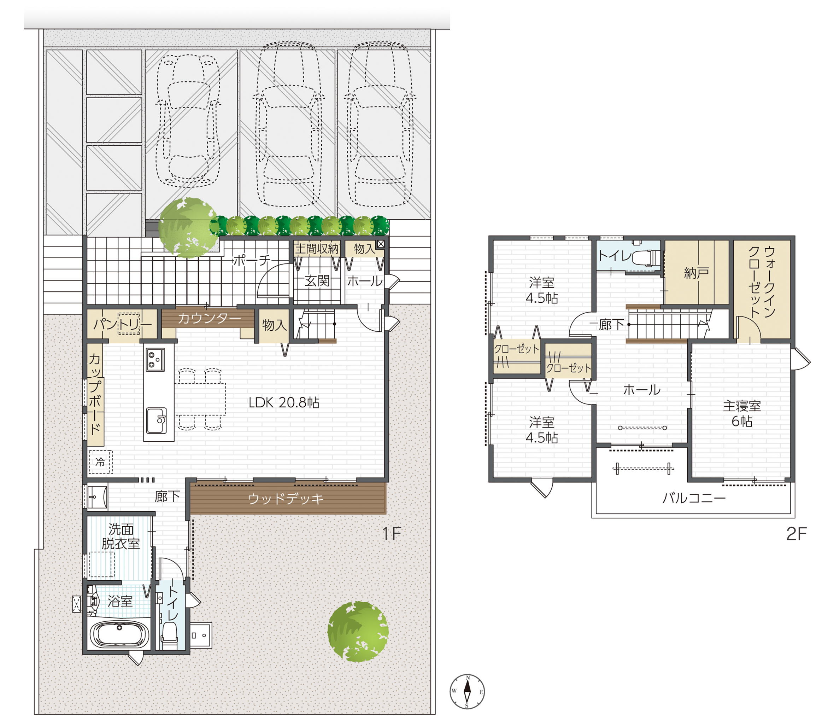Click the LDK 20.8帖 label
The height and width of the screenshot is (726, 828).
[284, 402]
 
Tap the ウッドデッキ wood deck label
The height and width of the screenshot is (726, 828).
[286, 498]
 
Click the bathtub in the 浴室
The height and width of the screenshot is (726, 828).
[119, 634]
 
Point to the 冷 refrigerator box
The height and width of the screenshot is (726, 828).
[100, 462]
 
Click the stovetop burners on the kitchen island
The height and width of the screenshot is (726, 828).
[155, 359]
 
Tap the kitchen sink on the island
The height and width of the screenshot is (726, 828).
[157, 420]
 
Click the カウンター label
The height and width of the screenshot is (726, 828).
[209, 318]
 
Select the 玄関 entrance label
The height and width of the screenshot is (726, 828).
[317, 280]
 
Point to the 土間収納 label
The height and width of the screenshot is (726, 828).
[317, 248]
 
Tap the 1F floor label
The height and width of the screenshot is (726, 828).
[392, 534]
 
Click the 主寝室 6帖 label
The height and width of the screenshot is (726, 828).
[742, 413]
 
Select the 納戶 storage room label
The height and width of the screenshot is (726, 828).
[697, 273]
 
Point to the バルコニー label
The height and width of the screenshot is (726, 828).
[694, 498]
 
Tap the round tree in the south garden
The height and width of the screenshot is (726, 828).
[358, 631]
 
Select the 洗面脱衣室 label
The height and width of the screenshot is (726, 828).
[121, 536]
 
